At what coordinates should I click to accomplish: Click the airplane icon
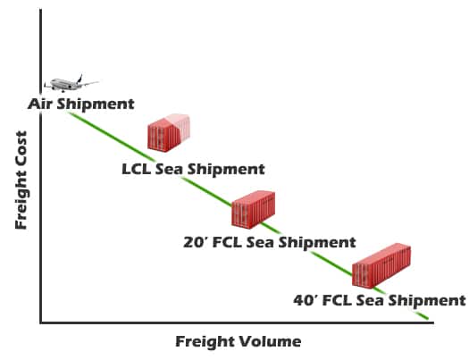tap(71, 83)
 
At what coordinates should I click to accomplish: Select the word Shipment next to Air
tap(96, 105)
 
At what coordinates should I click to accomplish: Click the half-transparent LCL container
tap(169, 132)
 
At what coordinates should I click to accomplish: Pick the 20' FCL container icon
tap(254, 210)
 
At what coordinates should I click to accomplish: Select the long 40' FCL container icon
tap(381, 266)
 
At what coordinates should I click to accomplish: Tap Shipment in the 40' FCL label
tap(426, 301)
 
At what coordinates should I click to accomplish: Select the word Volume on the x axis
tap(270, 341)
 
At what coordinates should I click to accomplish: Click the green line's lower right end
tap(428, 319)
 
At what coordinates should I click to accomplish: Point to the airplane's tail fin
tap(80, 78)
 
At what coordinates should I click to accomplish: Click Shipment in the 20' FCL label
tap(317, 243)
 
